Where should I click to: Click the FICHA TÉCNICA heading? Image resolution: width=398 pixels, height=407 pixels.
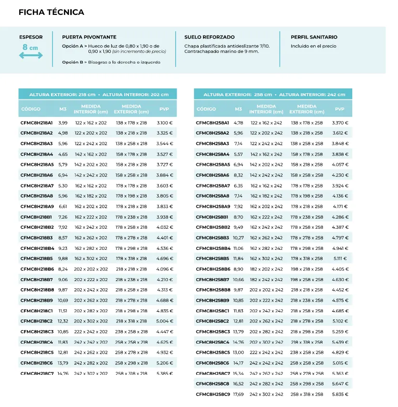[x=51, y=12]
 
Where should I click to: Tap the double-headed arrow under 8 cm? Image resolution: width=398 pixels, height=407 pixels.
[x=31, y=56]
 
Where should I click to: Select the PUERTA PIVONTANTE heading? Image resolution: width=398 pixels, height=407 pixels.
[x=89, y=37]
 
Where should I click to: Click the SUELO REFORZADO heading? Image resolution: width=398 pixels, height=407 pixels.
[x=209, y=37]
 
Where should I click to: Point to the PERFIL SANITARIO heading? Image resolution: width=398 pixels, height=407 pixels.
[x=314, y=37]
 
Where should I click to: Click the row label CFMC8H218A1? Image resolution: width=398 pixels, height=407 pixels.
[x=37, y=123]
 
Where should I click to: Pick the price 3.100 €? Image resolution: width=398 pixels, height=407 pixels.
[x=165, y=123]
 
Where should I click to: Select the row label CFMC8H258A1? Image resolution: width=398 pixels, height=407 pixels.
[x=212, y=123]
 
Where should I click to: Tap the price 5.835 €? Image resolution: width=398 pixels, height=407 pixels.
[x=340, y=395]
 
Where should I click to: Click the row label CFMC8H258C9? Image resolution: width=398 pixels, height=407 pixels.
[x=212, y=395]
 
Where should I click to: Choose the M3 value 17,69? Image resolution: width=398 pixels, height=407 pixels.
[x=238, y=395]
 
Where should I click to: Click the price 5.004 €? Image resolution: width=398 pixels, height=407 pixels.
[x=165, y=321]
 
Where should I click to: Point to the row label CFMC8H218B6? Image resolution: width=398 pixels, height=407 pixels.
[x=37, y=269]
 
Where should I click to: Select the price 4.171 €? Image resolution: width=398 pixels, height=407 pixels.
[x=340, y=207]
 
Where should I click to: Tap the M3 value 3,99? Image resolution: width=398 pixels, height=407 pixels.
[x=63, y=123]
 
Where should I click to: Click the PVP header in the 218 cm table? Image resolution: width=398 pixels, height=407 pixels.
[x=164, y=109]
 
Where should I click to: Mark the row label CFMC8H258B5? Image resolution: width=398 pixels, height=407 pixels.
[x=212, y=259]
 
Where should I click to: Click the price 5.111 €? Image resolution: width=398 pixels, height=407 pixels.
[x=340, y=259]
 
